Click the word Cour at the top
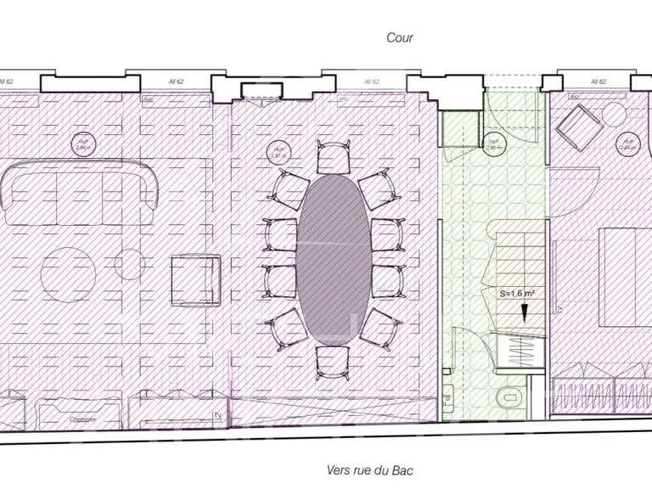pos(399,37)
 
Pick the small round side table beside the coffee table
pos(129,266)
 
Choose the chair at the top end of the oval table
pos(332,156)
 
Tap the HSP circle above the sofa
pos(82,143)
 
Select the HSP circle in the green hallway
pos(492,143)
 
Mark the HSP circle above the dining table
pos(276,153)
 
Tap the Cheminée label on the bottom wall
pos(81,419)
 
